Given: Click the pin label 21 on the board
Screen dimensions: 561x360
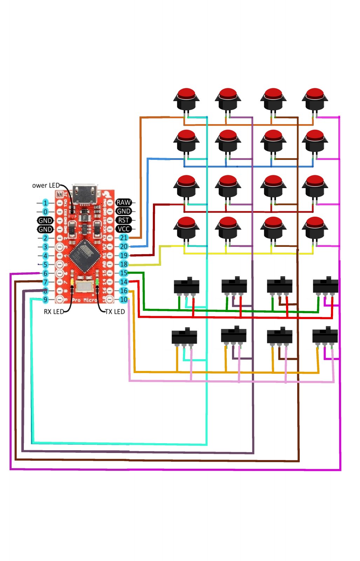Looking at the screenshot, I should click(124, 238).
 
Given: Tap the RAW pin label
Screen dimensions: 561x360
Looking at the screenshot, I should click(123, 202).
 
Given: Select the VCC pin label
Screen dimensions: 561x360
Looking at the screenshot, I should click(123, 229).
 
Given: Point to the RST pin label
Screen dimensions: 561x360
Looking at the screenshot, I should click(123, 220).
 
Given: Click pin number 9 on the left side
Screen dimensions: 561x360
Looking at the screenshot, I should click(45, 300).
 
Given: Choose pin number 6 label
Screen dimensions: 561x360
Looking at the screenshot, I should click(45, 273).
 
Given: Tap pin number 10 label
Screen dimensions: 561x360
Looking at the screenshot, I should click(124, 300).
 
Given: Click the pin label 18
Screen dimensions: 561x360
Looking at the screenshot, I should click(124, 264).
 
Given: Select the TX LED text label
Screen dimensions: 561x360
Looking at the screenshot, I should click(115, 312).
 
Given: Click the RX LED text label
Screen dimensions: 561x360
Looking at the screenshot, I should click(54, 312).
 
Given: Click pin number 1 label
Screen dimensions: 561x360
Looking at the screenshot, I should click(45, 203).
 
